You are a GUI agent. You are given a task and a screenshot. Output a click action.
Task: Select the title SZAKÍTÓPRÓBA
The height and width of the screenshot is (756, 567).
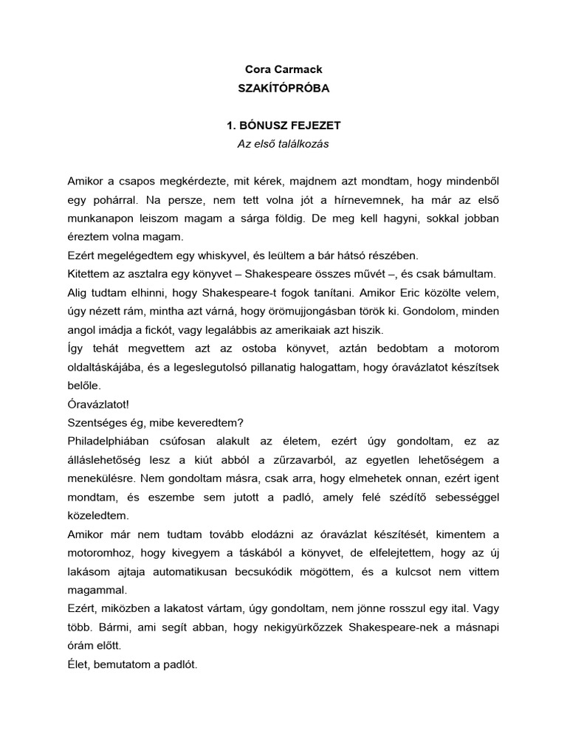(283, 88)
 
